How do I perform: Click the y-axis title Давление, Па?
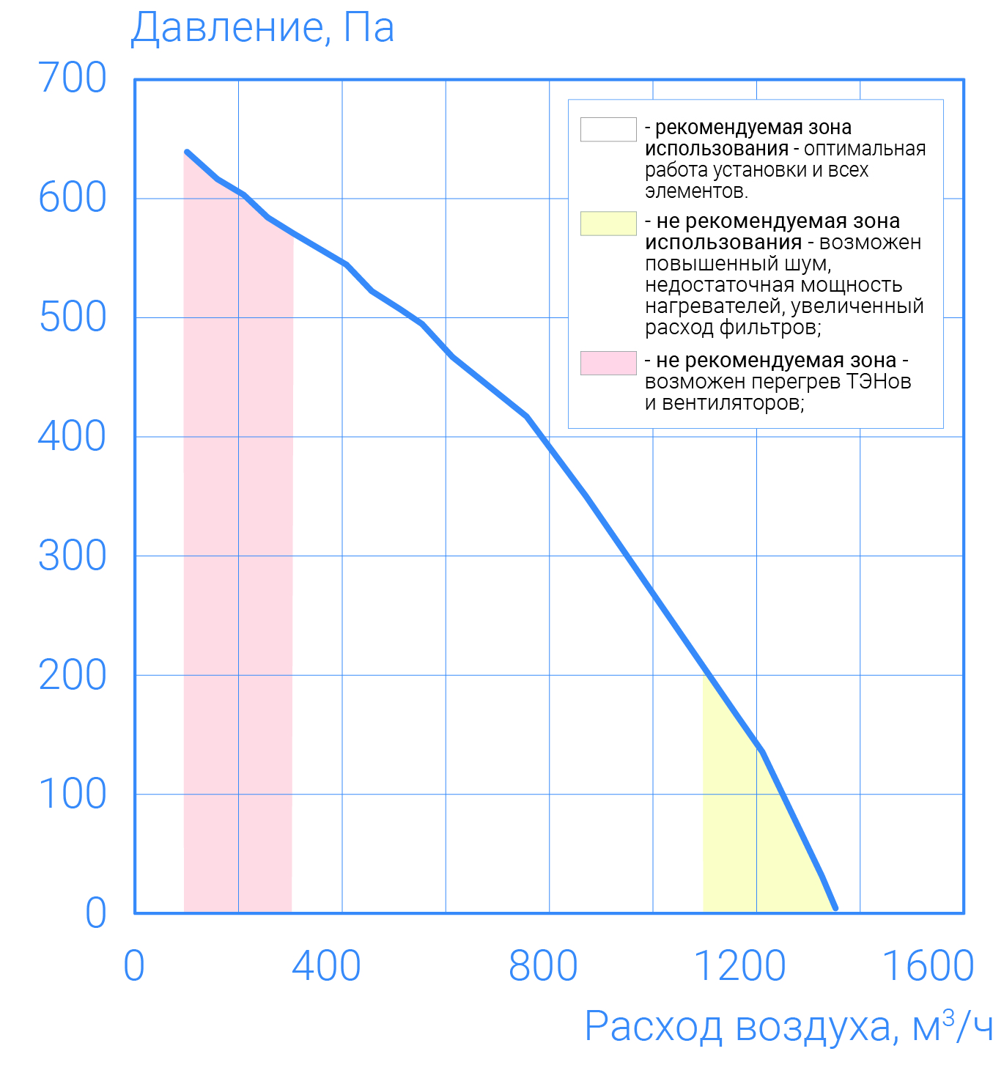tap(262, 28)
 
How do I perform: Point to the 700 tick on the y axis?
tap(72, 78)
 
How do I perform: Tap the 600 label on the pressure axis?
tap(72, 198)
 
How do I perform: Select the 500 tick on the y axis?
tap(72, 317)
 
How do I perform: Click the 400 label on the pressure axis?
tap(72, 437)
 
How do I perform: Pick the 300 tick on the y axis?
tap(72, 556)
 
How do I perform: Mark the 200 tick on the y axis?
tap(72, 675)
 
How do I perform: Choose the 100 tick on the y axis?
tap(72, 795)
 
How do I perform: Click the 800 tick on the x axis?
tap(543, 966)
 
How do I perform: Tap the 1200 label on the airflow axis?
tap(739, 966)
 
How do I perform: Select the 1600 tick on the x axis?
tap(928, 966)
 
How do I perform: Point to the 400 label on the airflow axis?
tap(326, 966)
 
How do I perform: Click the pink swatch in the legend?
tap(608, 363)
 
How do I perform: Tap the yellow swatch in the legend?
tap(608, 224)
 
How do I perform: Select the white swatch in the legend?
tap(608, 129)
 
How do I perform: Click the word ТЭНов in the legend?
tap(879, 382)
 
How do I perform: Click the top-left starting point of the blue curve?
tap(187, 152)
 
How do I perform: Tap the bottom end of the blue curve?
tap(835, 909)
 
